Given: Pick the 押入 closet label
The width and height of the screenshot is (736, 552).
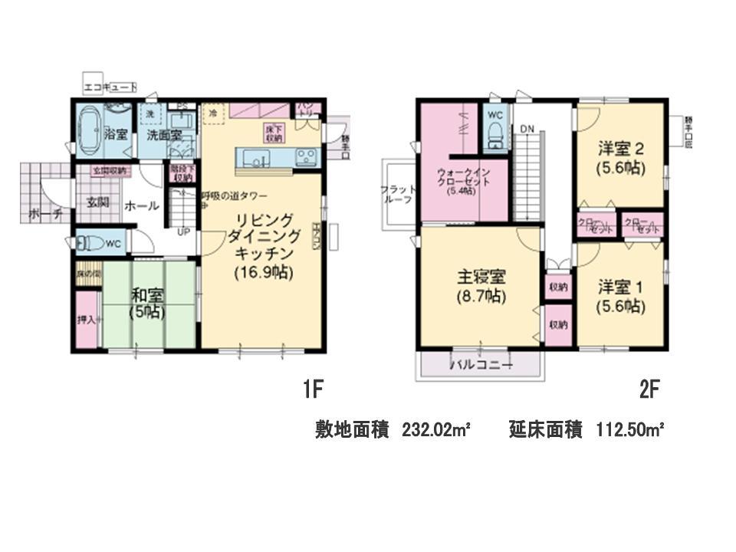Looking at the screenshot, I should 87,320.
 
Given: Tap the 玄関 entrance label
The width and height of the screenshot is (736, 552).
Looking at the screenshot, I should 97,203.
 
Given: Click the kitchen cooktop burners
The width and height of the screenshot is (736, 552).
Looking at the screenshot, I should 307,158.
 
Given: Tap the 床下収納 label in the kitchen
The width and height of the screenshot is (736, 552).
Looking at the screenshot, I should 274,133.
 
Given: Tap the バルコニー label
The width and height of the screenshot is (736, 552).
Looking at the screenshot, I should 480,366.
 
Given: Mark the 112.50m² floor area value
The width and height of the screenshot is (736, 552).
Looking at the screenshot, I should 629,430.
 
